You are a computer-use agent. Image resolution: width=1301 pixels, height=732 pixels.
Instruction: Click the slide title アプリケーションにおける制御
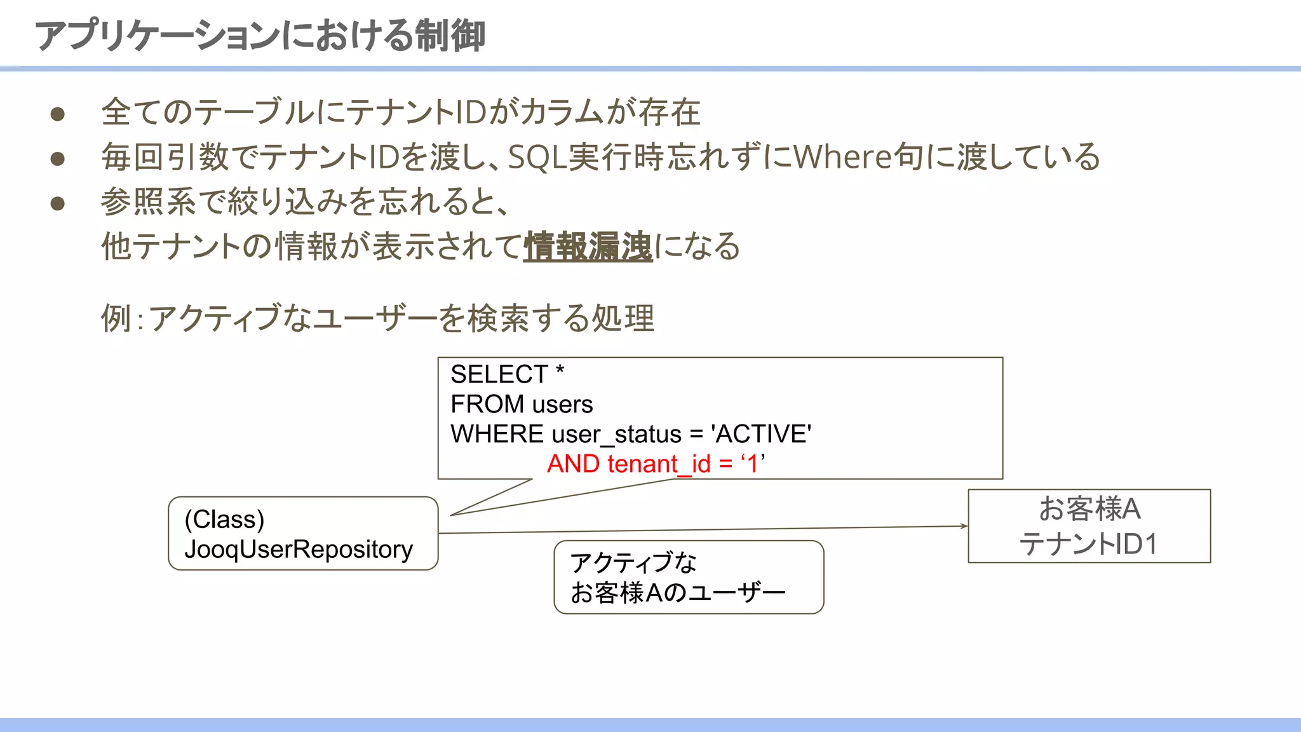260,36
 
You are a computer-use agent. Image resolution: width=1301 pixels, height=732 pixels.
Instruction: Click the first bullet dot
58,114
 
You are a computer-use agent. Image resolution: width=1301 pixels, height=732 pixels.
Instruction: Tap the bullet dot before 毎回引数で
58,158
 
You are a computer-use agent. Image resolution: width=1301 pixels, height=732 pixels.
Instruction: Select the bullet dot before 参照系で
58,203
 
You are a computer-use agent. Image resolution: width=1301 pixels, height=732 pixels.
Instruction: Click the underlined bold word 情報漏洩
588,247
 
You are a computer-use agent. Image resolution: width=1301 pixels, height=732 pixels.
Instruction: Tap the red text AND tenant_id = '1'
656,464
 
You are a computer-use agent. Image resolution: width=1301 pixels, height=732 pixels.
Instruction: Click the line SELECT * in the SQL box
507,374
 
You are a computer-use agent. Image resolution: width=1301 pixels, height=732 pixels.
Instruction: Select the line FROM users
522,404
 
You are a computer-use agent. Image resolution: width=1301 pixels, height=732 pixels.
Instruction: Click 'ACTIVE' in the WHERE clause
761,434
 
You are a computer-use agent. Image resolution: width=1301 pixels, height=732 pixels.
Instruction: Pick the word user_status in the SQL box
616,435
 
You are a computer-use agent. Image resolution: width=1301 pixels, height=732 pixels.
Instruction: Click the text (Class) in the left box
224,520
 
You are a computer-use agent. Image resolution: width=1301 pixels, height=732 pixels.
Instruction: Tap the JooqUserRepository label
299,549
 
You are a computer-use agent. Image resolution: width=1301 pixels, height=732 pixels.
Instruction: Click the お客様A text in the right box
1089,509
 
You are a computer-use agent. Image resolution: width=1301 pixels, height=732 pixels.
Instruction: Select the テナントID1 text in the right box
1088,544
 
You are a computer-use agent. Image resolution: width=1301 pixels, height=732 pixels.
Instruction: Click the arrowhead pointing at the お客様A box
964,526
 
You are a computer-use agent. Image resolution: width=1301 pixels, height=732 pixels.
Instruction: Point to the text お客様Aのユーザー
678,593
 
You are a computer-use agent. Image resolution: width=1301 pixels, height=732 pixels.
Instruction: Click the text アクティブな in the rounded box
633,562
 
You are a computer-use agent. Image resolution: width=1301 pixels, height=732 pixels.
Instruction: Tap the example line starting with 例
377,318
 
